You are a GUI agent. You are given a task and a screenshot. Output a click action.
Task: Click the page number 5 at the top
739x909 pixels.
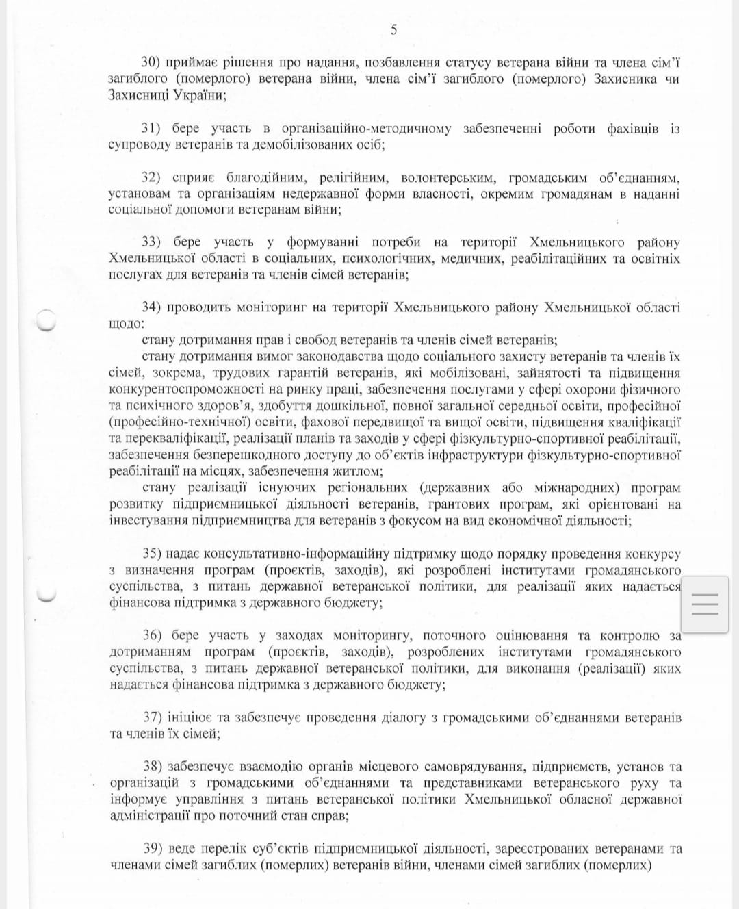[x=393, y=29]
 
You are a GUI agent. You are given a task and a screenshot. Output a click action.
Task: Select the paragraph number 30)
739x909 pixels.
[x=151, y=62]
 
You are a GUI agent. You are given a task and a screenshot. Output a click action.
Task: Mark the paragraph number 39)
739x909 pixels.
[x=152, y=849]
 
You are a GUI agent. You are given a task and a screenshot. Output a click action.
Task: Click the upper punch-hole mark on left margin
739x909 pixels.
[x=45, y=319]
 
